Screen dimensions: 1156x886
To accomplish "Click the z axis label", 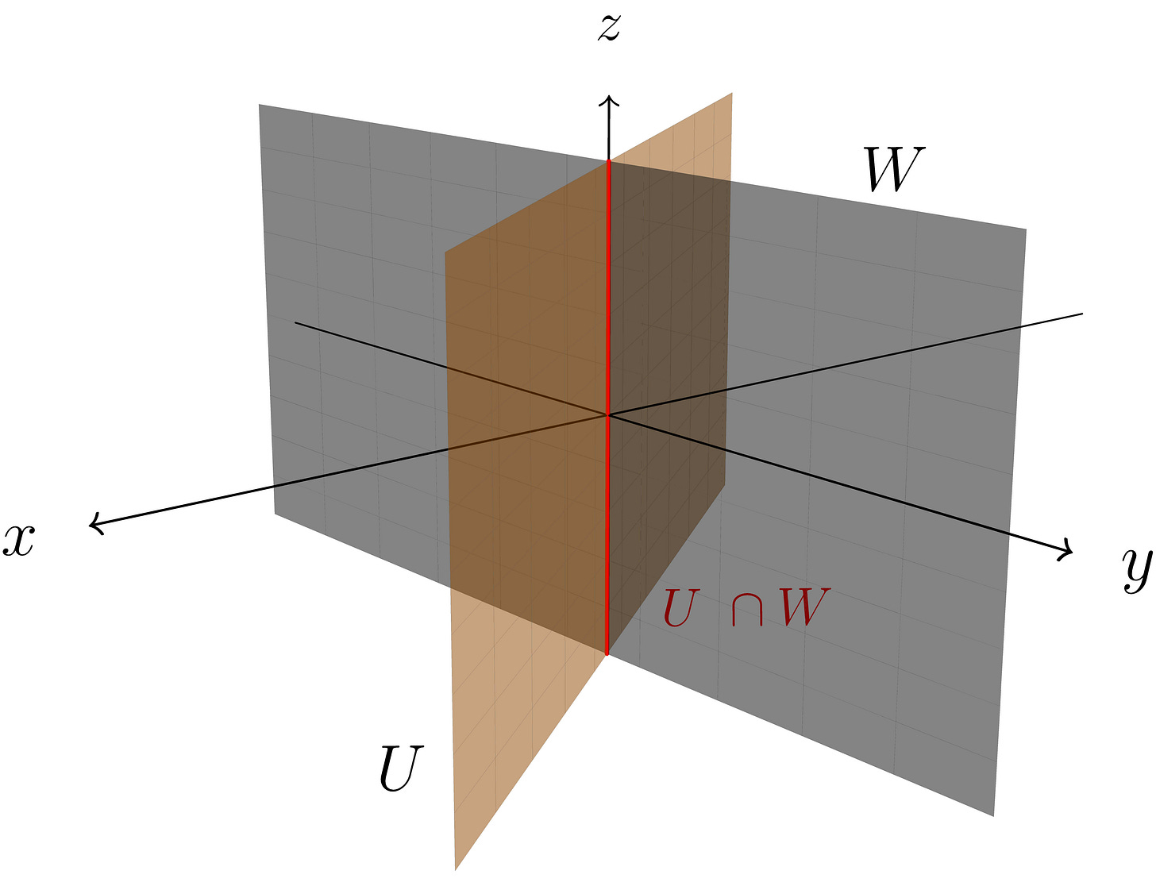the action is (x=609, y=28).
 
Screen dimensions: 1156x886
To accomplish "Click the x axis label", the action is (x=18, y=541).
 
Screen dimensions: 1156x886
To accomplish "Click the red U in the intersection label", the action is (x=679, y=609).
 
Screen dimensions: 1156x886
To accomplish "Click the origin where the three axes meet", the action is (x=608, y=414).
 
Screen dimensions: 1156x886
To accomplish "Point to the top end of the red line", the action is (x=608, y=162).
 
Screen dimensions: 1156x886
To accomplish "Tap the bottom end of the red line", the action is (x=607, y=653).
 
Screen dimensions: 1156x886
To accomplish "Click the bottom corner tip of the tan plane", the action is (x=456, y=869).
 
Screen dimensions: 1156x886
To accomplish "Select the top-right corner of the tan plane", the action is (x=731, y=94).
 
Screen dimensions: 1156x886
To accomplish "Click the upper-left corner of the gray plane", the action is (x=260, y=105).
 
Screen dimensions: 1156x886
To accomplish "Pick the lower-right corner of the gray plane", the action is (x=993, y=815).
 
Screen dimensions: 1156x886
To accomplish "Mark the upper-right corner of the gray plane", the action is (x=1026, y=229).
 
